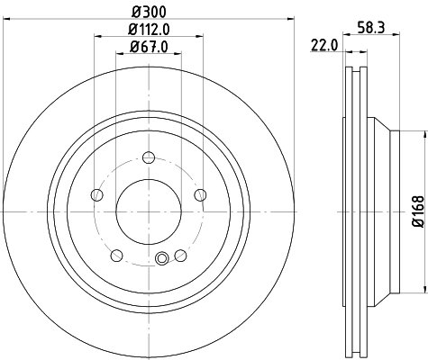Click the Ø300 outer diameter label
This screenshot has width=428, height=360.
149,12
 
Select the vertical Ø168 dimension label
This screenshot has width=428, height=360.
417,208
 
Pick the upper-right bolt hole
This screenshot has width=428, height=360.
200,195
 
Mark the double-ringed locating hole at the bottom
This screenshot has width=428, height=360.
162,260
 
